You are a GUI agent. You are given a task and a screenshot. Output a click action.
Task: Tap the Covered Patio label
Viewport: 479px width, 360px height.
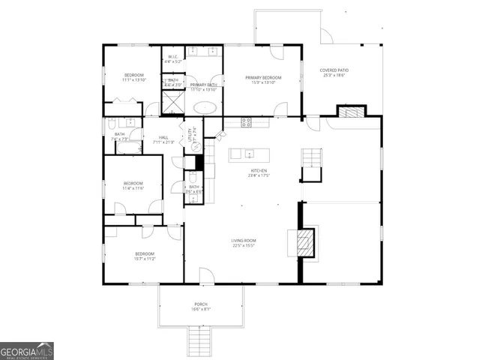(335, 70)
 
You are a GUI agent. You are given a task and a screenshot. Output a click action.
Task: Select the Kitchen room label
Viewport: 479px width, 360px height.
(259, 170)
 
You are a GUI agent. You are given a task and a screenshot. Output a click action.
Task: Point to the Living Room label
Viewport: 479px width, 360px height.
(243, 240)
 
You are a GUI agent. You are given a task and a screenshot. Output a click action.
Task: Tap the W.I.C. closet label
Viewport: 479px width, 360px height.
(172, 56)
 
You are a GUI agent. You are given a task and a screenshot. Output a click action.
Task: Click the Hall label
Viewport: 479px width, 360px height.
(163, 137)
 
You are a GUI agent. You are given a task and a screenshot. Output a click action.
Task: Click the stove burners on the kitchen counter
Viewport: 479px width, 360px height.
(247, 122)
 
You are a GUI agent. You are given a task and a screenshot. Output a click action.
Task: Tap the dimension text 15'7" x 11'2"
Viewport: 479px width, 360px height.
(145, 259)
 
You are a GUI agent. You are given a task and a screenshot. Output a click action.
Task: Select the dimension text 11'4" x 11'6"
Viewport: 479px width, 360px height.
(133, 188)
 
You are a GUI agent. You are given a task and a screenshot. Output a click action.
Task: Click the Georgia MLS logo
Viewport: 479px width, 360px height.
(27, 351)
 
